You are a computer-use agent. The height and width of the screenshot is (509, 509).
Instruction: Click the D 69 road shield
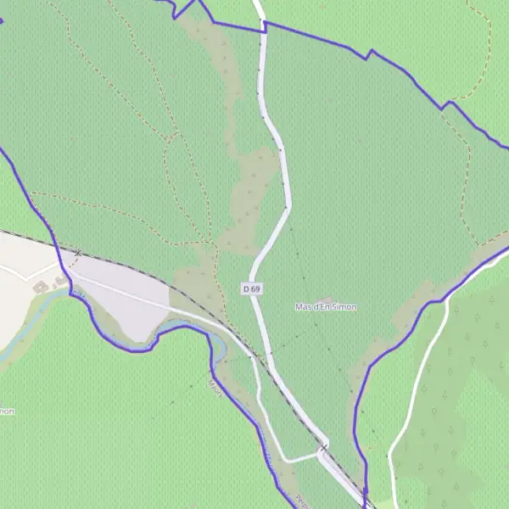[x=251, y=289]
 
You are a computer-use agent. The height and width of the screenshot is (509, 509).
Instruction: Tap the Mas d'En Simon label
[x=326, y=306]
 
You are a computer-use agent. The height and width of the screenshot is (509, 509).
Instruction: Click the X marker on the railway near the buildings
[x=78, y=253]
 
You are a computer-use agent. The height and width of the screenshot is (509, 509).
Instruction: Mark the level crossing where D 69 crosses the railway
[x=323, y=447]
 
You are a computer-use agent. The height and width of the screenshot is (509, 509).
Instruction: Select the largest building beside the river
[x=40, y=286]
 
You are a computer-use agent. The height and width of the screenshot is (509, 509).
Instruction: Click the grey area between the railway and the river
[x=127, y=301]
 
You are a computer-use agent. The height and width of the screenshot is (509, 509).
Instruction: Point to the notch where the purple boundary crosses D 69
[x=264, y=27]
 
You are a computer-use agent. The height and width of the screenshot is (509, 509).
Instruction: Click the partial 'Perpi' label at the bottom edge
[x=300, y=501]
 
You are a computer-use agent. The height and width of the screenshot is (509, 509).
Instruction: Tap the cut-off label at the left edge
[x=7, y=411]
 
